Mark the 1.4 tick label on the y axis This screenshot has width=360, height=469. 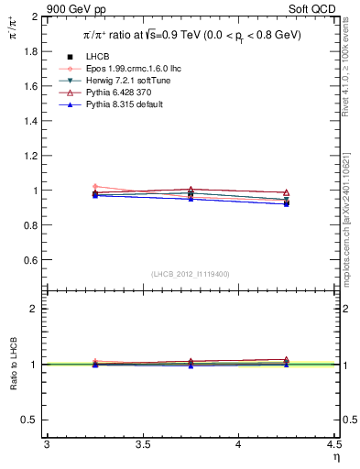point(35,122)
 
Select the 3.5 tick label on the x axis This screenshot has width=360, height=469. point(142,445)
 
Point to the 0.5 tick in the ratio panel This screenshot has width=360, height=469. point(35,420)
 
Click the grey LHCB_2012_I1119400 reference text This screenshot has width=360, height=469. point(190,274)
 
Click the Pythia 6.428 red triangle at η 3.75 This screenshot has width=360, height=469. point(191,190)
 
